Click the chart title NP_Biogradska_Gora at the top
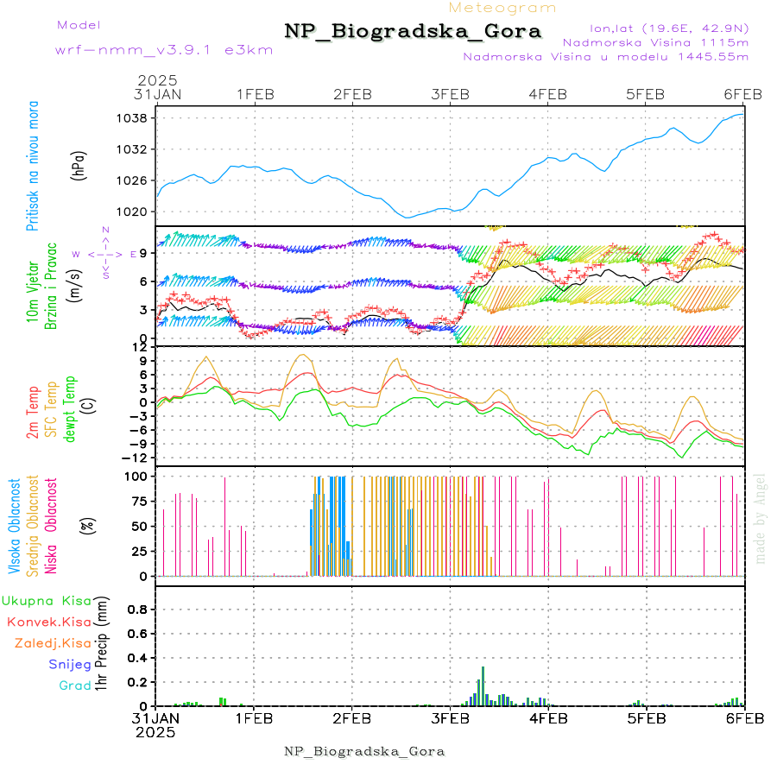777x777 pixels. [x=413, y=31]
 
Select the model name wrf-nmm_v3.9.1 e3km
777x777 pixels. [x=164, y=49]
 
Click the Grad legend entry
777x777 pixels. [x=74, y=685]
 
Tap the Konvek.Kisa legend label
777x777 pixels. [x=48, y=622]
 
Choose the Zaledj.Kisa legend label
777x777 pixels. [x=53, y=643]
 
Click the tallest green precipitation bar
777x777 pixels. [x=483, y=685]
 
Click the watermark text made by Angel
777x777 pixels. [x=761, y=518]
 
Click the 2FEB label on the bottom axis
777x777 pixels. [x=352, y=717]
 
